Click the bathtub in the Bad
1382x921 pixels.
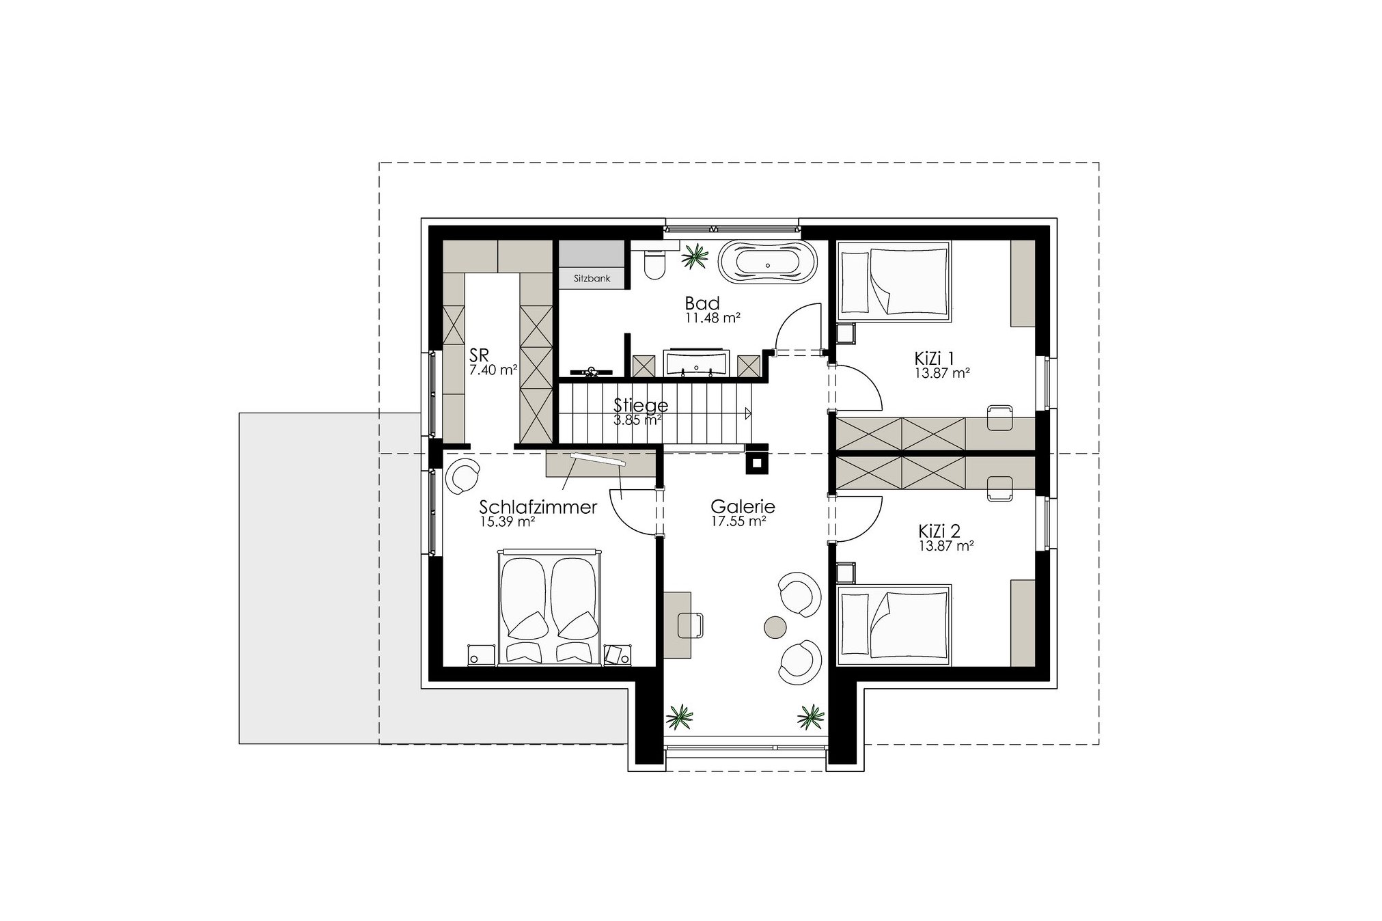coord(767,264)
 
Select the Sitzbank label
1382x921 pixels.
coord(592,279)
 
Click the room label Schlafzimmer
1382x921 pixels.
coord(538,508)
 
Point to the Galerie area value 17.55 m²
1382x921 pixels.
coord(738,521)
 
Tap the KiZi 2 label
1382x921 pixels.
coord(939,531)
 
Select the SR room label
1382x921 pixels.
coord(479,355)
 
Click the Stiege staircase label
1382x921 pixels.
coord(640,405)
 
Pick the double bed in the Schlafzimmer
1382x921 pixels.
coord(550,606)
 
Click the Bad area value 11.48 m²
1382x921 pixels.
coord(713,318)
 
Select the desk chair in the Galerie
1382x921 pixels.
coord(691,625)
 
